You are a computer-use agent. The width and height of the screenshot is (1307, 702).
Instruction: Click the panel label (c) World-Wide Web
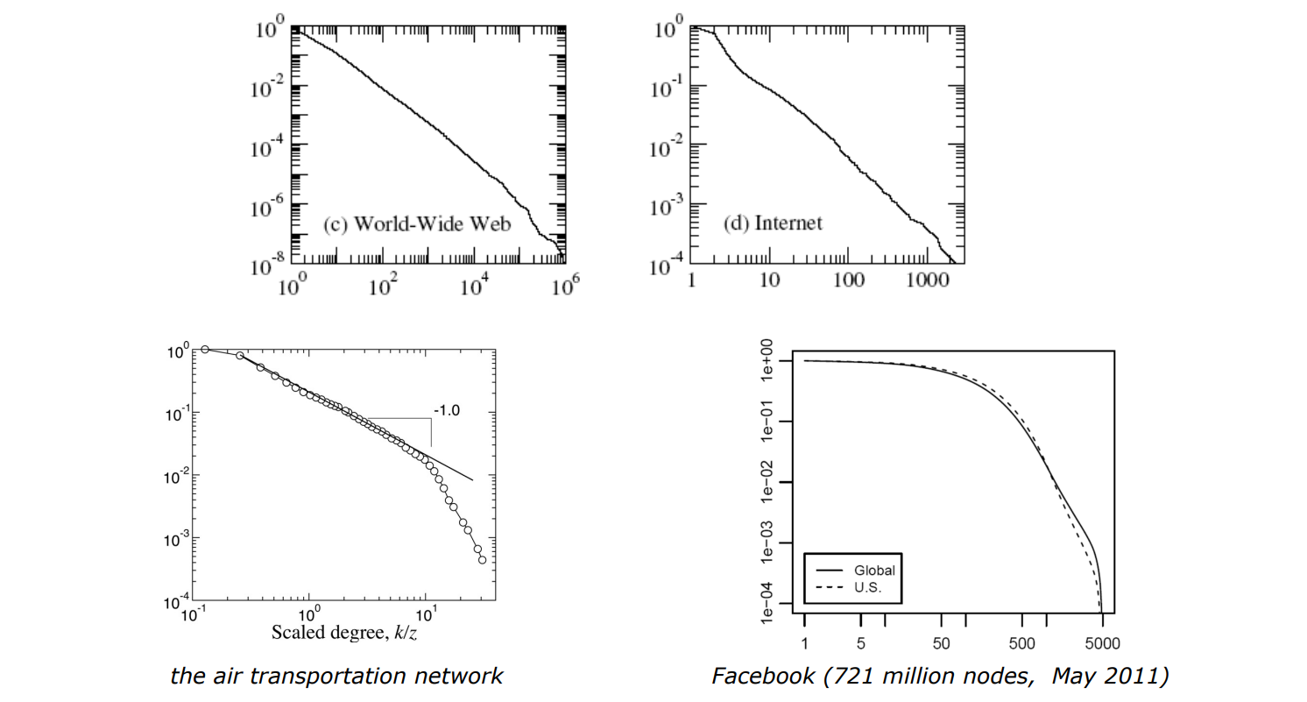pos(417,224)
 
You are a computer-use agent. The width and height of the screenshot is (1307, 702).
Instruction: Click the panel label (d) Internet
pos(774,223)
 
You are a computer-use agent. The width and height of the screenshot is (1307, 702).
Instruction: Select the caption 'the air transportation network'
pos(337,676)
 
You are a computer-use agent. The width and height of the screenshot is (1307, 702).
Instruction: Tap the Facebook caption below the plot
pos(939,676)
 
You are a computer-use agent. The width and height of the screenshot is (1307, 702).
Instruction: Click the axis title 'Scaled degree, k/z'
pos(344,632)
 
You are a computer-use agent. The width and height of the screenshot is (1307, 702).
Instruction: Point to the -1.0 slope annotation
pos(447,408)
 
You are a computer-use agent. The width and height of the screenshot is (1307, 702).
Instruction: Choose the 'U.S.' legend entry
pos(867,588)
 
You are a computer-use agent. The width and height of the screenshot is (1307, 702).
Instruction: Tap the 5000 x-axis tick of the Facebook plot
pos(1101,644)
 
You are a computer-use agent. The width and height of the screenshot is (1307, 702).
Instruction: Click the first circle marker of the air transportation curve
pos(205,349)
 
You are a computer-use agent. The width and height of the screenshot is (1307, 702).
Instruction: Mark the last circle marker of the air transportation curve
pos(482,560)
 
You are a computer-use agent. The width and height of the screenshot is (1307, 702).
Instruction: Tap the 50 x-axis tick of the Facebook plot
pos(942,644)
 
